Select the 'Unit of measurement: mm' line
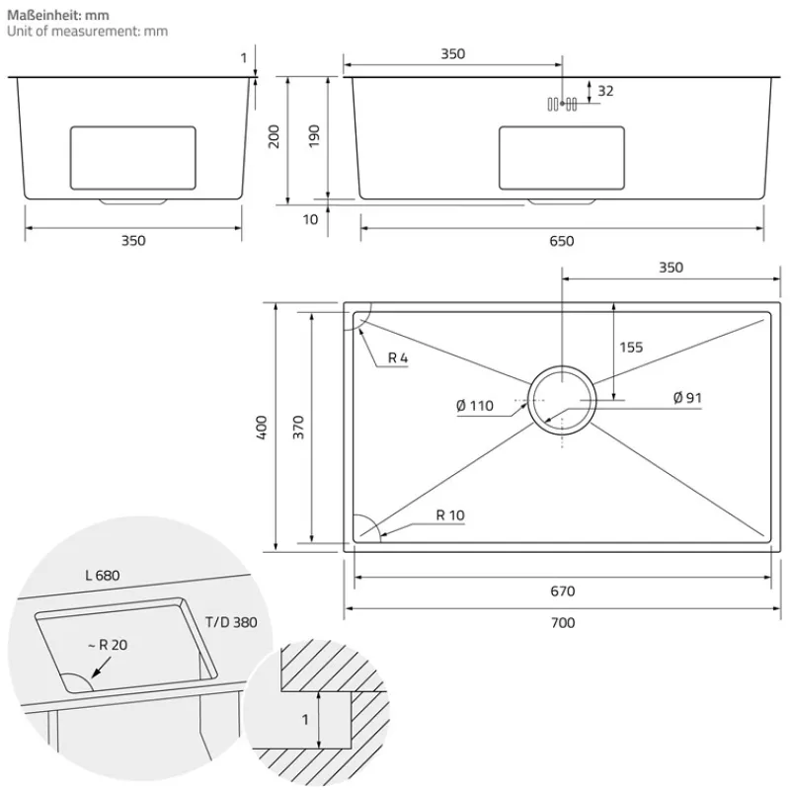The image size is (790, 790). pyautogui.click(x=87, y=32)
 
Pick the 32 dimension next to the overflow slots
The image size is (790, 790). pyautogui.click(x=605, y=91)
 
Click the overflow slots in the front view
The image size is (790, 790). pyautogui.click(x=563, y=104)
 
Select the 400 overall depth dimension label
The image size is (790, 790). pyautogui.click(x=262, y=427)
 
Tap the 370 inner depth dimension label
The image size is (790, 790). pyautogui.click(x=299, y=427)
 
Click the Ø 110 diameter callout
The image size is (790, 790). pyautogui.click(x=475, y=407)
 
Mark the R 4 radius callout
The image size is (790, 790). pyautogui.click(x=398, y=358)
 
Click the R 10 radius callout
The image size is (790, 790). pyautogui.click(x=449, y=515)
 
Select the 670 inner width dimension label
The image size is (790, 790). pyautogui.click(x=562, y=592)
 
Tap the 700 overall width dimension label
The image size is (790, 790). pyautogui.click(x=562, y=622)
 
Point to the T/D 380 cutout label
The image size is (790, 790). pyautogui.click(x=231, y=622)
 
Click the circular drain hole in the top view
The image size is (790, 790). pyautogui.click(x=562, y=398)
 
